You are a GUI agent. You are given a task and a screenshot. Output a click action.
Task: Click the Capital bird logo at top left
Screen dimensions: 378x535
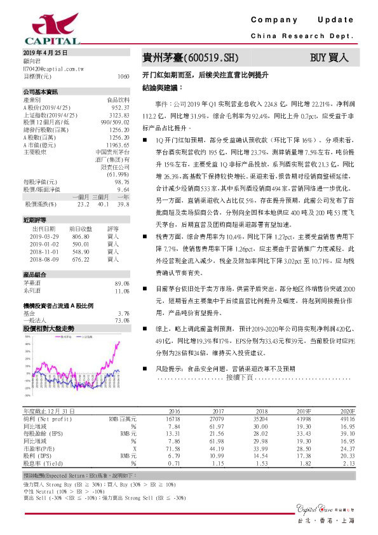pos(43,25)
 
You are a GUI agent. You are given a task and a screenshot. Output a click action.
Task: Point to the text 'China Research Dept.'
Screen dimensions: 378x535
pos(302,37)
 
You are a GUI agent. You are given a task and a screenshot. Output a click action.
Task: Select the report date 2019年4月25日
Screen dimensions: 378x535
pos(45,52)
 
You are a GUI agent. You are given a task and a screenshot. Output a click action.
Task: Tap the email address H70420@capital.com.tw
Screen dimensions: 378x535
pos(54,67)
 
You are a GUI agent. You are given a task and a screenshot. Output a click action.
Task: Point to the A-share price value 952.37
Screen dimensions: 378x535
pos(120,109)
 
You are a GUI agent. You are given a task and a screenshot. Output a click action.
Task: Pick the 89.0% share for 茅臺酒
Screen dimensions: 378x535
pos(122,283)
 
